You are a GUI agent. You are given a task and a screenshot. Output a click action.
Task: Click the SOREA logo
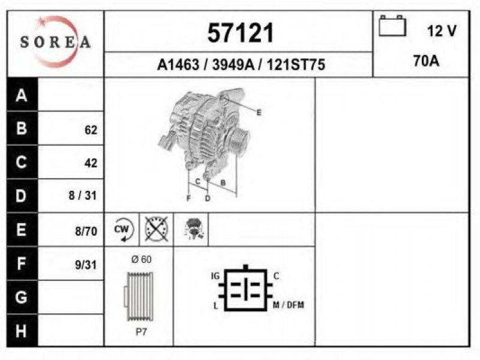[x=56, y=42]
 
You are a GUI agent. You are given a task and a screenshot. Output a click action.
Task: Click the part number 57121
[x=241, y=33]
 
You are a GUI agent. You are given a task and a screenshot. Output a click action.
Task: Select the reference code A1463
[x=178, y=65]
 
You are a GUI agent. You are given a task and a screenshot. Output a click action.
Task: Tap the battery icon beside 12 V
[x=392, y=26]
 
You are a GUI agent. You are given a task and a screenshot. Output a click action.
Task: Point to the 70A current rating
[x=426, y=61]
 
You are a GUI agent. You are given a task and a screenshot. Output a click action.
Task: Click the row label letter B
[x=22, y=128]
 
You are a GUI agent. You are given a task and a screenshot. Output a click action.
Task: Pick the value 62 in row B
[x=91, y=130]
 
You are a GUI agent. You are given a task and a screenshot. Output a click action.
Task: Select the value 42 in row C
[x=91, y=163]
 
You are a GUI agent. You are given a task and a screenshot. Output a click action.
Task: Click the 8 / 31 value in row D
[x=83, y=196]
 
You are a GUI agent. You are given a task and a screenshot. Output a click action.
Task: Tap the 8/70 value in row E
[x=86, y=232]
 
